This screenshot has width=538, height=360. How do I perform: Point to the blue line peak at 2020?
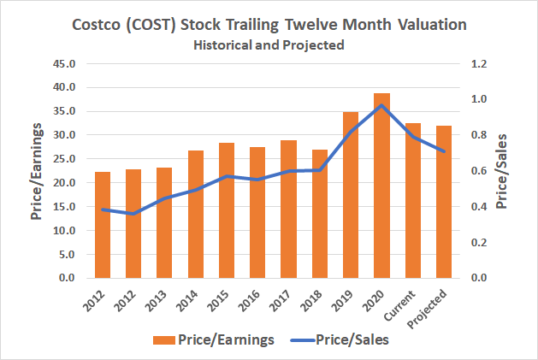point(381,105)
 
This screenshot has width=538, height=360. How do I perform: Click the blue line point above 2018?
point(319,170)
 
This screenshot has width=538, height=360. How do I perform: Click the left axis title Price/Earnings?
point(38,171)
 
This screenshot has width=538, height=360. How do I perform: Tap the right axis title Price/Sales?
point(505,171)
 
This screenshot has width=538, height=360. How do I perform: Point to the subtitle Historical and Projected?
point(269,44)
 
